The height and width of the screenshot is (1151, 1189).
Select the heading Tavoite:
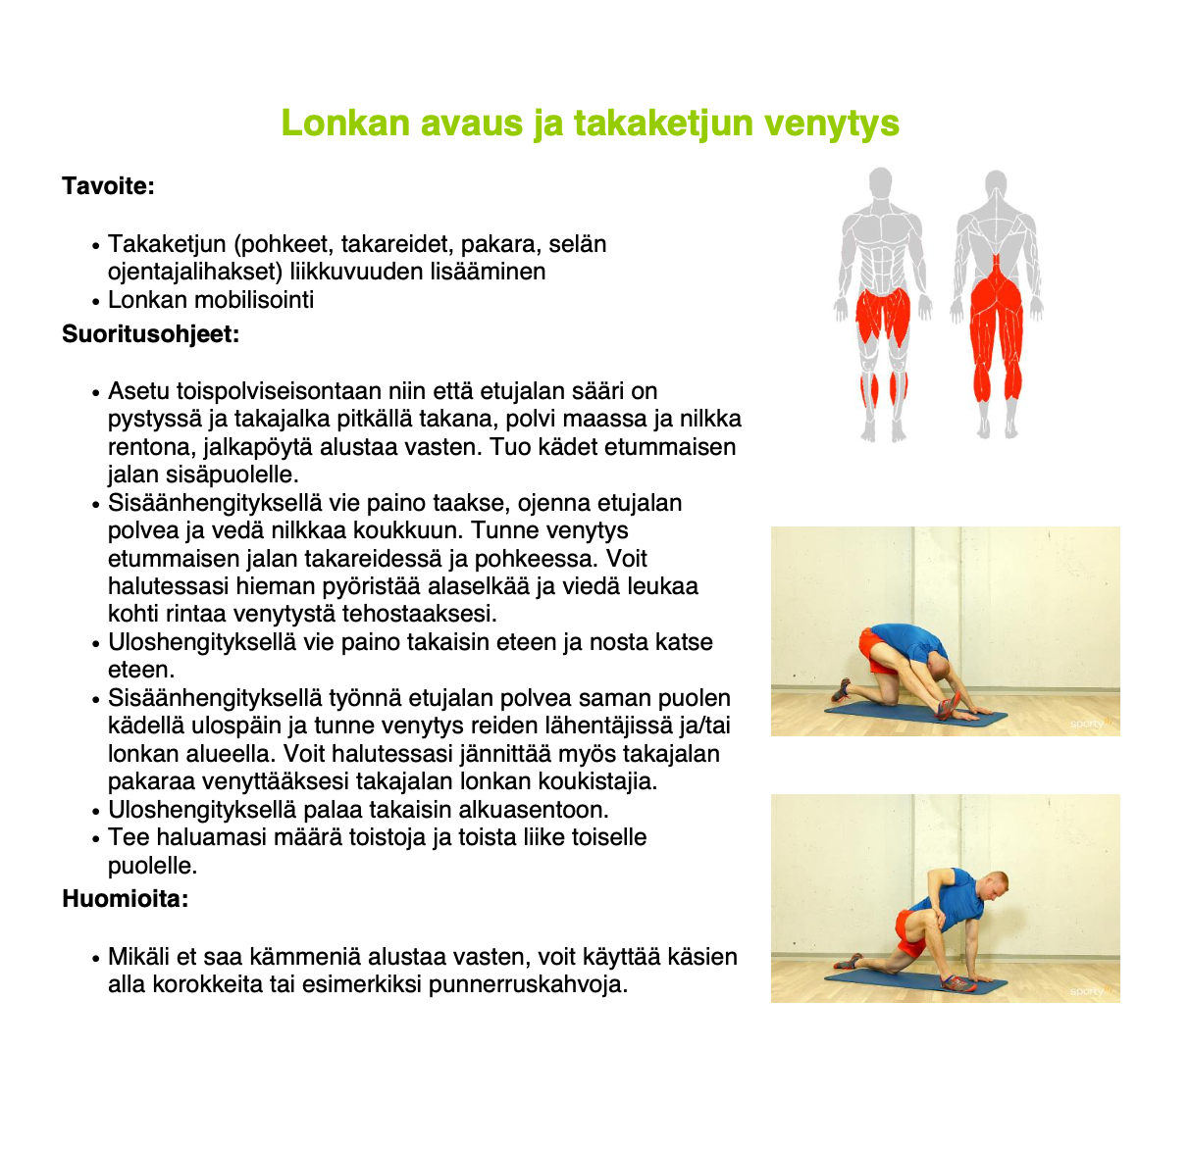tap(108, 186)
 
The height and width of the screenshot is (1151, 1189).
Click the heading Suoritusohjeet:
tap(150, 334)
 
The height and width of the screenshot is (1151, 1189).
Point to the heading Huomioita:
tap(125, 898)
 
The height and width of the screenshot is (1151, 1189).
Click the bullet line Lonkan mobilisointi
tap(211, 300)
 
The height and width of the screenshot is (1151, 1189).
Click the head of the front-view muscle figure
tap(881, 183)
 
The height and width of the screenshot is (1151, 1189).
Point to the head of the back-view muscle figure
tap(996, 184)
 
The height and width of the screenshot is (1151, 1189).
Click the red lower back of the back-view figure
tap(997, 268)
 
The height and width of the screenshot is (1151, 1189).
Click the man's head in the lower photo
tap(993, 887)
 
